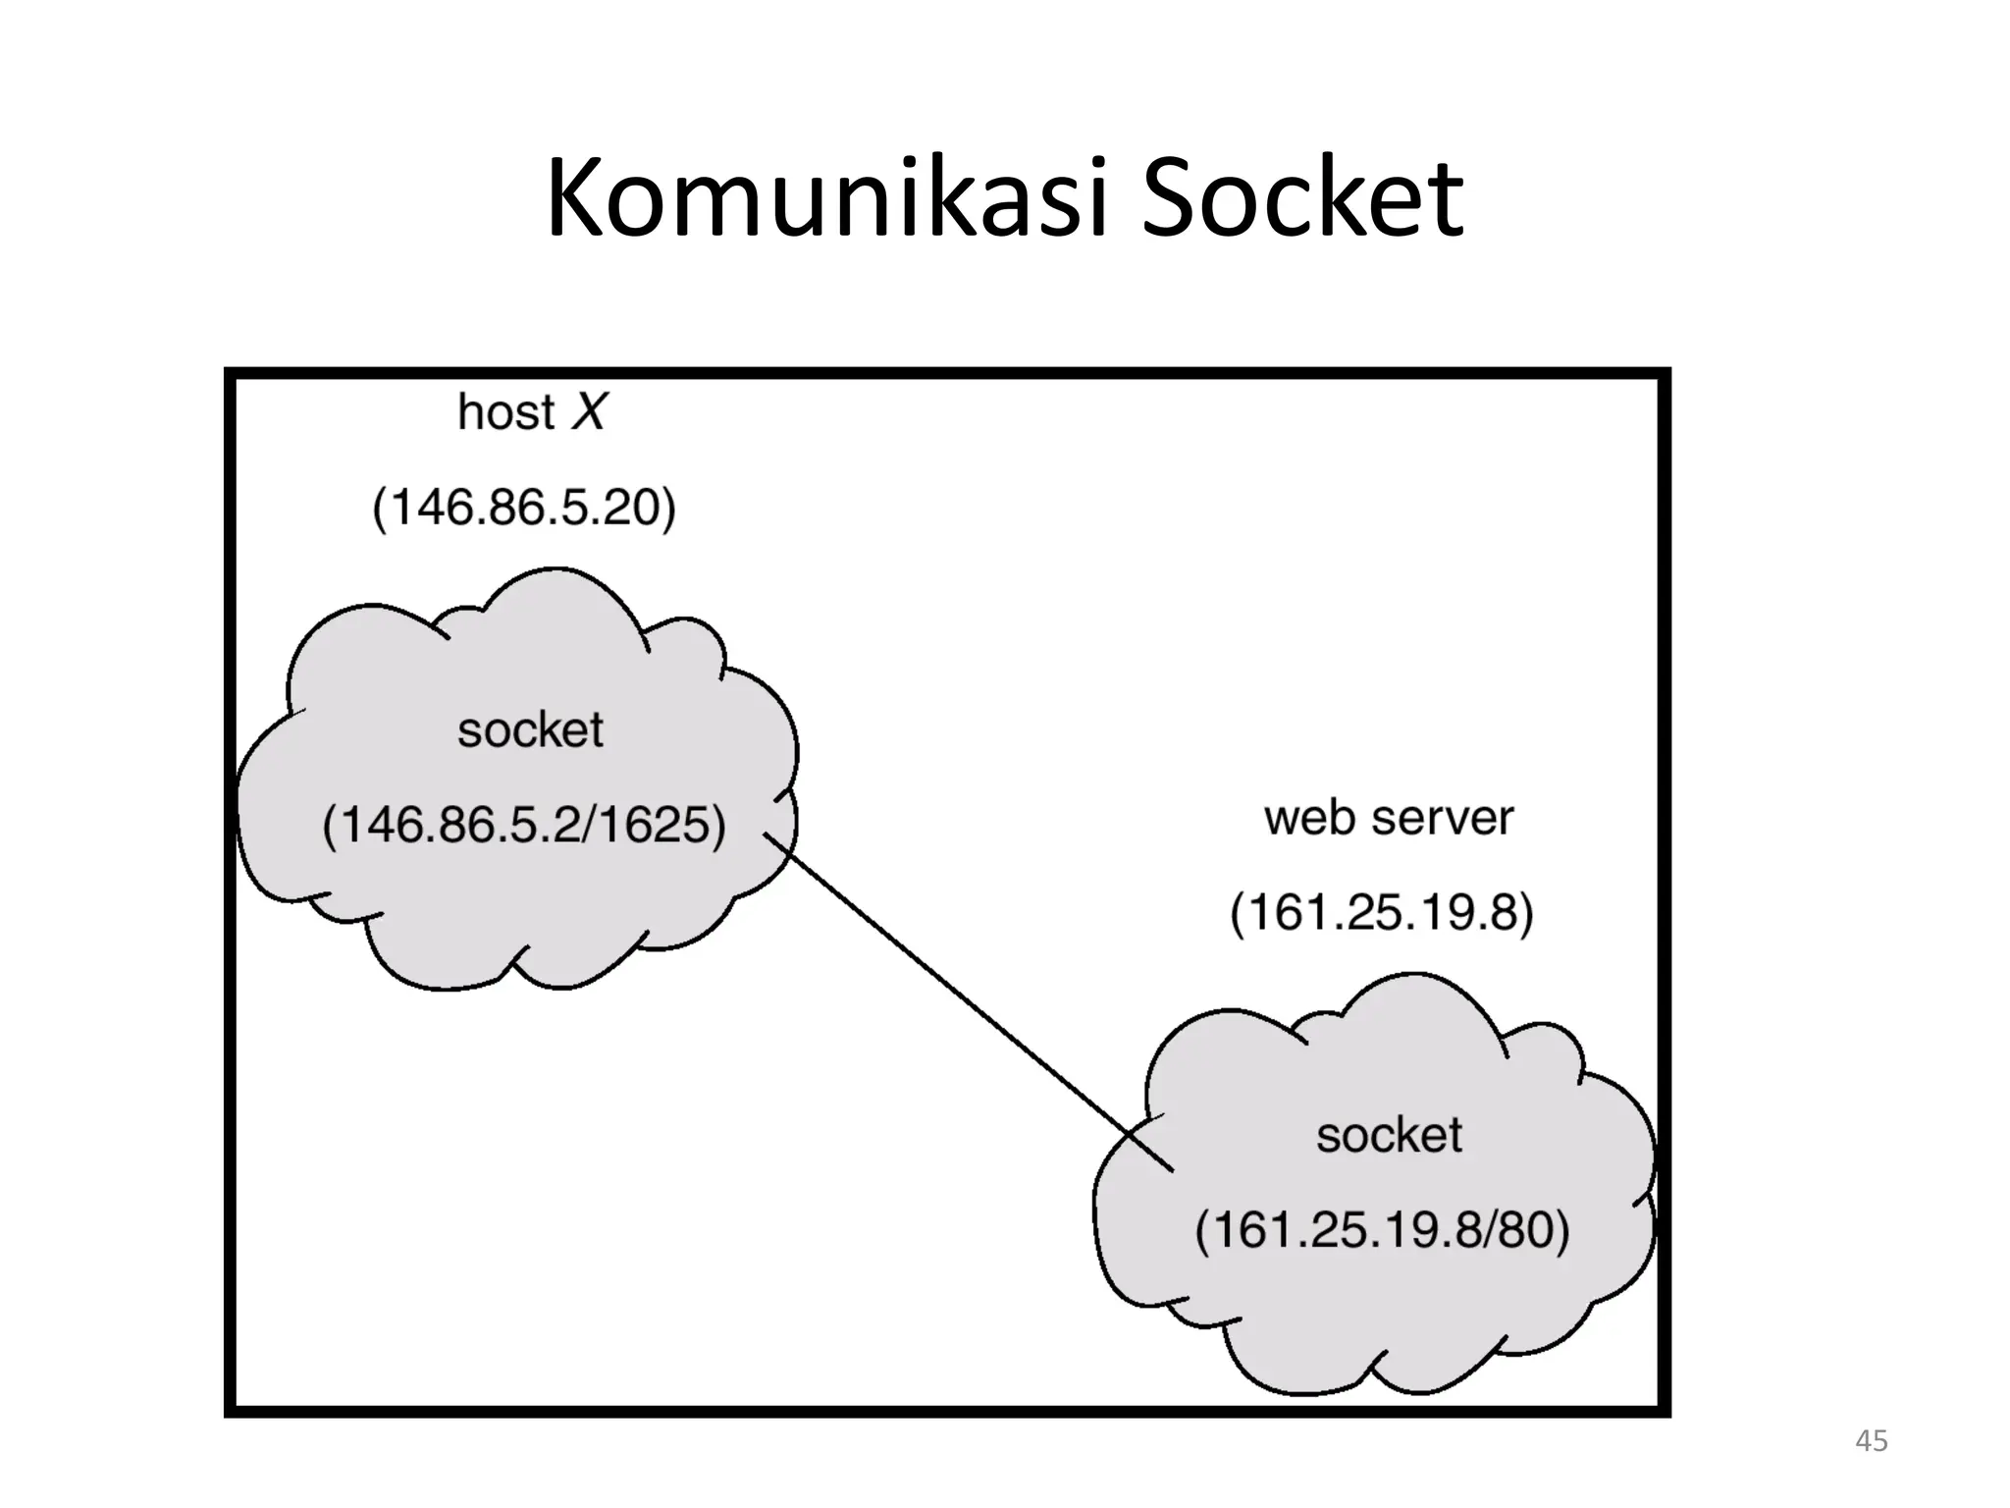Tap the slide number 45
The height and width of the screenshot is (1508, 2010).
pos(1871,1441)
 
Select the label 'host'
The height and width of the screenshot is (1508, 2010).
pos(505,413)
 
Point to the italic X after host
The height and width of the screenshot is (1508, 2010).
pos(590,411)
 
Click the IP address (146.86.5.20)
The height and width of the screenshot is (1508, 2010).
pos(524,509)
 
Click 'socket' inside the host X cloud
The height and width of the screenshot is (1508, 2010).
pos(530,730)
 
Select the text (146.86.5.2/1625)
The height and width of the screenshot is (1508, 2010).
pos(524,825)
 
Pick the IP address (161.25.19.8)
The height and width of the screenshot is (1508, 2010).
pos(1381,913)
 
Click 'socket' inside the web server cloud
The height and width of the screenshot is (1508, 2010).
pos(1389,1136)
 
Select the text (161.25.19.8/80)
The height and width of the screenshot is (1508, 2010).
pos(1382,1230)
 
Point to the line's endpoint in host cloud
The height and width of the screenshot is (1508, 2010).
pos(766,835)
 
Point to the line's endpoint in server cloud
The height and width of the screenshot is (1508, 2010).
pos(1172,1170)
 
